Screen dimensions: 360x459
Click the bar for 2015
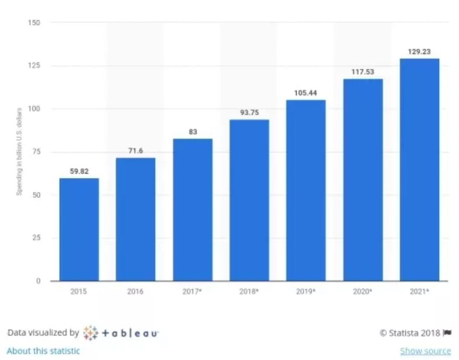pyautogui.click(x=79, y=229)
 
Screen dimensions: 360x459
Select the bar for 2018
pyautogui.click(x=249, y=200)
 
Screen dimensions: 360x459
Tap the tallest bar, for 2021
pyautogui.click(x=419, y=169)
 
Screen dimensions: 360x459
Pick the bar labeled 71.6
pyautogui.click(x=135, y=219)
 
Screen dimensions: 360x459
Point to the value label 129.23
pyautogui.click(x=419, y=52)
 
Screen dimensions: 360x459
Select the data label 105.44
pyautogui.click(x=305, y=94)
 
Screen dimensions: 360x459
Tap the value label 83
pyautogui.click(x=192, y=133)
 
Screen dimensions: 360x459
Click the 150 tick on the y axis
pyautogui.click(x=33, y=22)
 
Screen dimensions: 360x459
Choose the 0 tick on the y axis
pyautogui.click(x=38, y=281)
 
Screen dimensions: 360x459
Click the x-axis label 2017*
pyautogui.click(x=192, y=291)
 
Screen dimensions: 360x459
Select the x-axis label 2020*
pyautogui.click(x=362, y=291)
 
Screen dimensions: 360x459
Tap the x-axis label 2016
pyautogui.click(x=135, y=291)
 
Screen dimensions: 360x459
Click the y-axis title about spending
pyautogui.click(x=19, y=151)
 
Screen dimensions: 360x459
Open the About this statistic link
pyautogui.click(x=43, y=351)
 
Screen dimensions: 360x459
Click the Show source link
pyautogui.click(x=425, y=351)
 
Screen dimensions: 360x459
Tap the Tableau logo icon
pyautogui.click(x=91, y=332)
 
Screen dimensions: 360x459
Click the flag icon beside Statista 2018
pyautogui.click(x=447, y=332)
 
